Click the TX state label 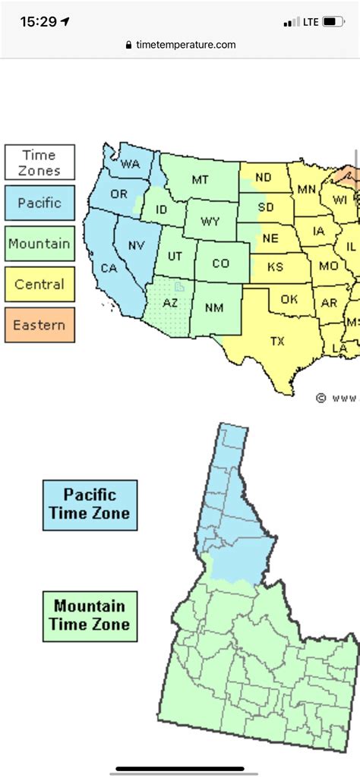click(x=277, y=342)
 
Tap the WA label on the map click(x=131, y=164)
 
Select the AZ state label click(x=171, y=303)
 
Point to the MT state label click(x=200, y=180)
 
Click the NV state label click(x=136, y=245)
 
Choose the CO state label click(x=220, y=263)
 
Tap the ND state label click(x=264, y=178)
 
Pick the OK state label click(x=289, y=299)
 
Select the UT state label click(x=175, y=257)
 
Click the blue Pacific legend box click(x=39, y=203)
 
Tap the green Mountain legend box click(x=39, y=244)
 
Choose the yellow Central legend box click(x=39, y=285)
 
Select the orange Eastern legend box click(x=39, y=326)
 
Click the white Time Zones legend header click(x=39, y=162)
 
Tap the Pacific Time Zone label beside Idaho click(x=90, y=505)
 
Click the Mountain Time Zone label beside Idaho click(x=90, y=616)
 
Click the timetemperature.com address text click(x=186, y=45)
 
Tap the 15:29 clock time click(x=39, y=22)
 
